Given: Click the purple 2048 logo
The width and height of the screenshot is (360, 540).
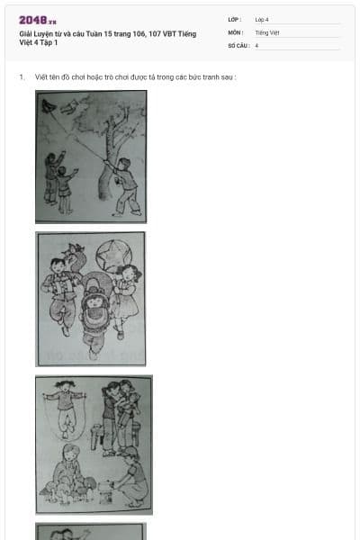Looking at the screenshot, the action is (38, 21).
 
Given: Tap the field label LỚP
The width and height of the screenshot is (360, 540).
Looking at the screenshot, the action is (234, 20).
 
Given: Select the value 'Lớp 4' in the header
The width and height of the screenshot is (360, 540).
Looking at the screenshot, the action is (262, 20).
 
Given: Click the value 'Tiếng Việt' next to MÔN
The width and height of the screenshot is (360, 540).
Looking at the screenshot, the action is (267, 32).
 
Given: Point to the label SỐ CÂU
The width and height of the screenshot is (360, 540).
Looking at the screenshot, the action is (237, 46).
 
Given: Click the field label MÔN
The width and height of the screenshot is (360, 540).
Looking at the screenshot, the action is (234, 32).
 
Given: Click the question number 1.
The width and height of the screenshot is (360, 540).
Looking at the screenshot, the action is (22, 77).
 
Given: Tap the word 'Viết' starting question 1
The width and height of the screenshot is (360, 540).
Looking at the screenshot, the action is (41, 77).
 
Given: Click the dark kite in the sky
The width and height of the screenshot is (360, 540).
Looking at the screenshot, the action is (47, 105).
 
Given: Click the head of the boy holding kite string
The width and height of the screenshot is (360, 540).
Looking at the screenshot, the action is (124, 164).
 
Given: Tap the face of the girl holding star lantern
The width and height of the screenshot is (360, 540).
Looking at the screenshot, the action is (128, 274).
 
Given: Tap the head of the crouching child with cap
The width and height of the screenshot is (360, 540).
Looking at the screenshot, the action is (130, 454).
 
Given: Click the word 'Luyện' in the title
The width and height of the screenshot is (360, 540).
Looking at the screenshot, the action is (43, 34).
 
